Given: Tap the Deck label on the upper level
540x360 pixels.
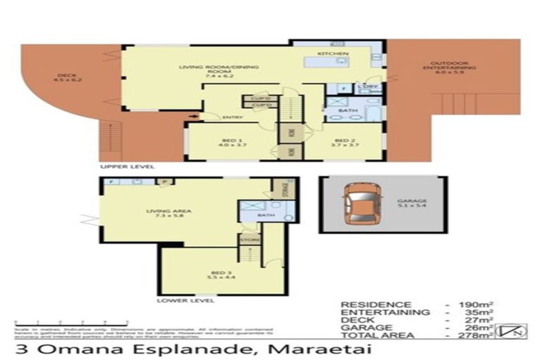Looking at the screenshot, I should (x=67, y=77).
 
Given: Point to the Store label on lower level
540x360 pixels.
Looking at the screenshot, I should (x=250, y=240).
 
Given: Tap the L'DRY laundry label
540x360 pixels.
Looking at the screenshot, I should (x=366, y=86).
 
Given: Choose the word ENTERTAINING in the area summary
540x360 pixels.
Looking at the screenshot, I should (x=385, y=312).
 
